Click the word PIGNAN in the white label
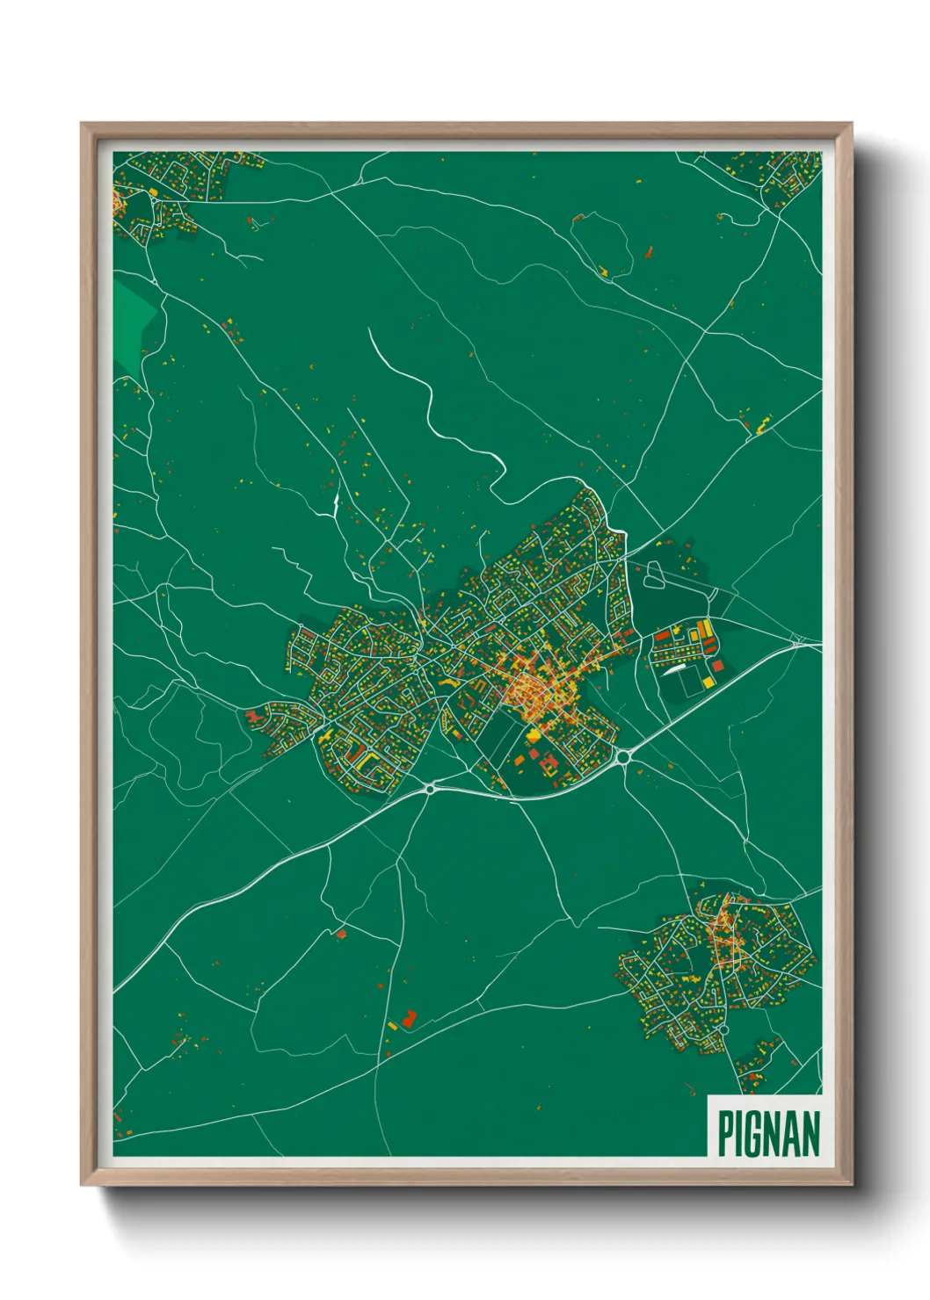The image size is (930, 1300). point(769,1133)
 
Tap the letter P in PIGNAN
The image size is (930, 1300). point(726,1133)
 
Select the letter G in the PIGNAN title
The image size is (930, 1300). point(754,1133)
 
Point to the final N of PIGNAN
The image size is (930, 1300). point(810,1133)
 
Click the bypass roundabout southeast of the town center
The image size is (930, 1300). point(625,755)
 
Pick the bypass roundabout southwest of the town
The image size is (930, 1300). point(430,789)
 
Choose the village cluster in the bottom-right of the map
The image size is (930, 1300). point(716,971)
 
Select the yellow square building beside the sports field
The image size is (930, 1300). point(702,630)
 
